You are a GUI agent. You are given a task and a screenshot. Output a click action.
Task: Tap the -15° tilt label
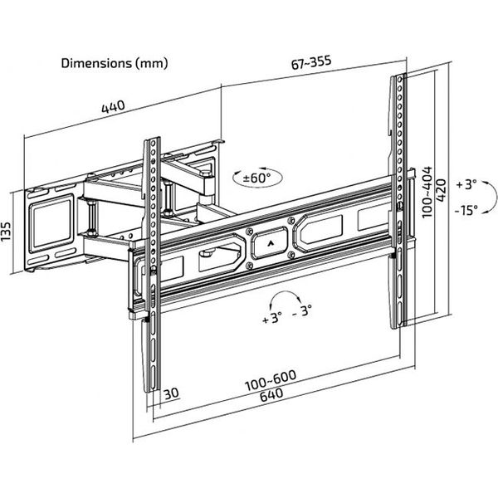click(466, 210)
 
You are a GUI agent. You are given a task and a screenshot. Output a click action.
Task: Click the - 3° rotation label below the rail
click(302, 311)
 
